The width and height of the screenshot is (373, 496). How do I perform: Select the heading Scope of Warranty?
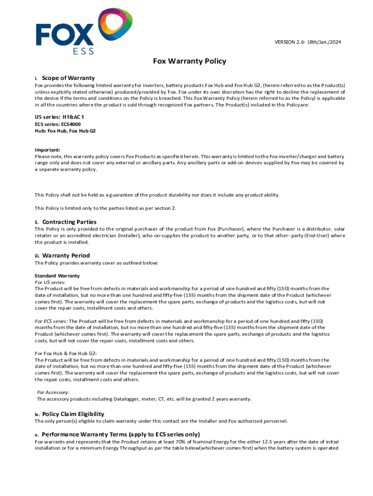68,77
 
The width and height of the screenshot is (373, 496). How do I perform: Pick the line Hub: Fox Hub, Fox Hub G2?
65,131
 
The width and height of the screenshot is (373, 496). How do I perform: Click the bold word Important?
47,150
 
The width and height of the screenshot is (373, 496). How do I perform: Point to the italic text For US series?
50,282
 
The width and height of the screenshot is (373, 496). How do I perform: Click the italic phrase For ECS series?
51,321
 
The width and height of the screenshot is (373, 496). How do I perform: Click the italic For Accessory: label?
53,392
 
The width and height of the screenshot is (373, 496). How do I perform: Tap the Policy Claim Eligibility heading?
73,414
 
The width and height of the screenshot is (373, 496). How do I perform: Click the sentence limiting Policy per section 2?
106,208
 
